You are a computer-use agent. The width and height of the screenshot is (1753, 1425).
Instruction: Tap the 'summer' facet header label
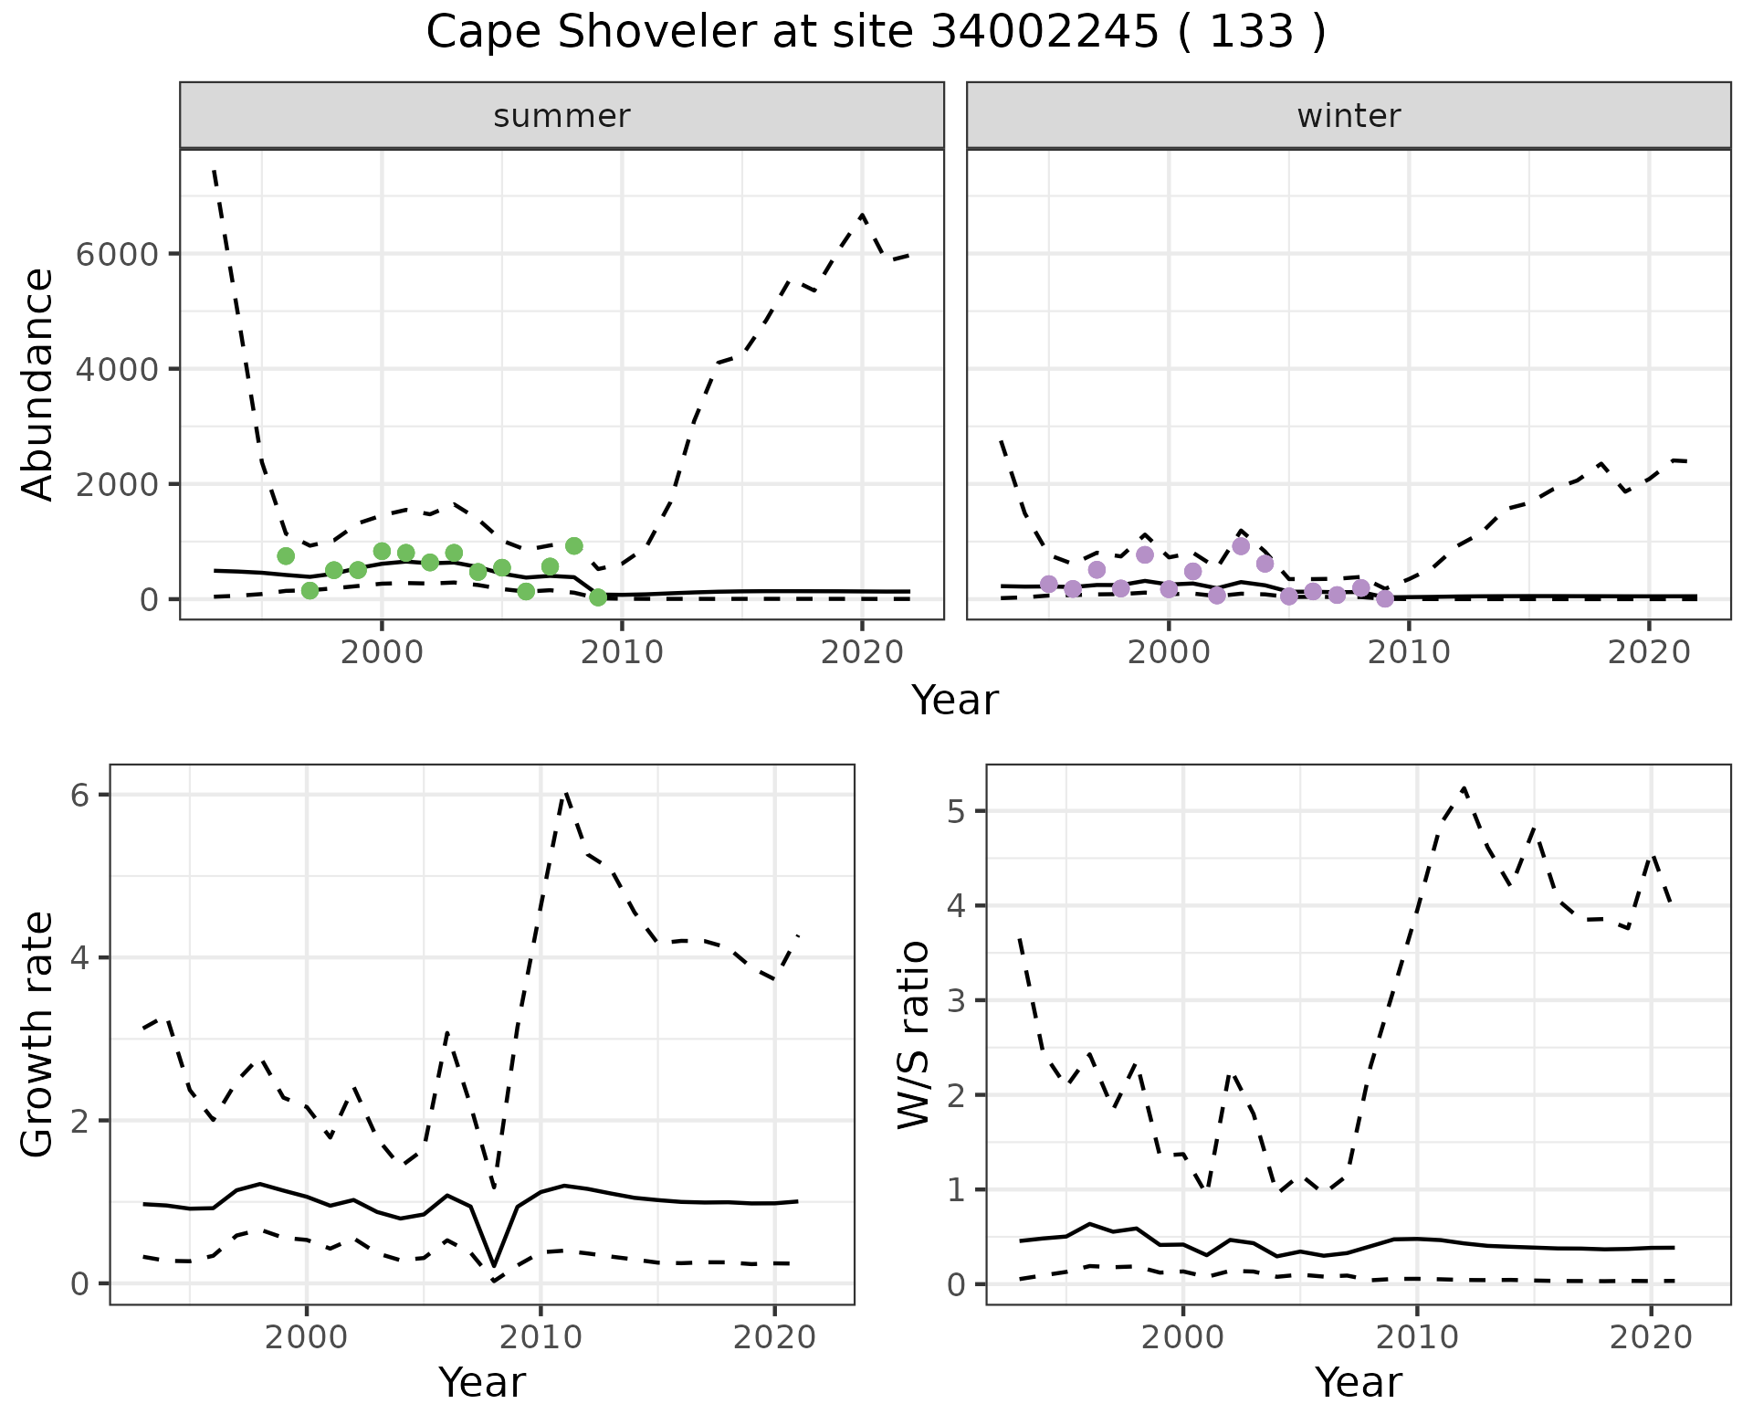click(x=562, y=116)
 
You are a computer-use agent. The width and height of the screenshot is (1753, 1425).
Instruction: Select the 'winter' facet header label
click(x=1349, y=116)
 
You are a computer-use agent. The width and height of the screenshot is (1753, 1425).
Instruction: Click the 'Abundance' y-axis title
click(x=38, y=385)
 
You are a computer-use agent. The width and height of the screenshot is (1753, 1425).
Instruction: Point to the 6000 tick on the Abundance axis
click(x=116, y=254)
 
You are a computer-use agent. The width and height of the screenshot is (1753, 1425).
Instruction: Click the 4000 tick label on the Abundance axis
click(x=116, y=369)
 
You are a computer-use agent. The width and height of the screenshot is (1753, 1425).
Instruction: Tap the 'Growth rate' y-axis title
click(x=38, y=1034)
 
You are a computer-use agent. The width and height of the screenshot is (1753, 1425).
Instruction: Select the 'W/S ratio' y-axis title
click(x=914, y=1034)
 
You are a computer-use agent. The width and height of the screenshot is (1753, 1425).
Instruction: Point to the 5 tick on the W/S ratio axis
click(x=957, y=811)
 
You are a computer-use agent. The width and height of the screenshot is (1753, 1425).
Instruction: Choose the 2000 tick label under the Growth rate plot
click(x=307, y=1337)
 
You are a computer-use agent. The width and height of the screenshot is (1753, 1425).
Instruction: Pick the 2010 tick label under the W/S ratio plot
click(x=1416, y=1337)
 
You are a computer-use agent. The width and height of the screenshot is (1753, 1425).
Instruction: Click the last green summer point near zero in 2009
click(x=598, y=597)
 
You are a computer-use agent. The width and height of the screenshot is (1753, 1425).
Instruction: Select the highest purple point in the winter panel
click(x=1241, y=546)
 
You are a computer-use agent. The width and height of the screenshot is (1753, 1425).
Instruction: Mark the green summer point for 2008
click(x=574, y=546)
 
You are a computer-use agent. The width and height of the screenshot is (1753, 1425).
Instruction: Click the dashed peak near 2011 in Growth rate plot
click(x=566, y=793)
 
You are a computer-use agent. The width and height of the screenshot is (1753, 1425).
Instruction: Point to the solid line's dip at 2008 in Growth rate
click(x=494, y=1265)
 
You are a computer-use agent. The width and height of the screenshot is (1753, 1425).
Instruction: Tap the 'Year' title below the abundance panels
click(x=955, y=701)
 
